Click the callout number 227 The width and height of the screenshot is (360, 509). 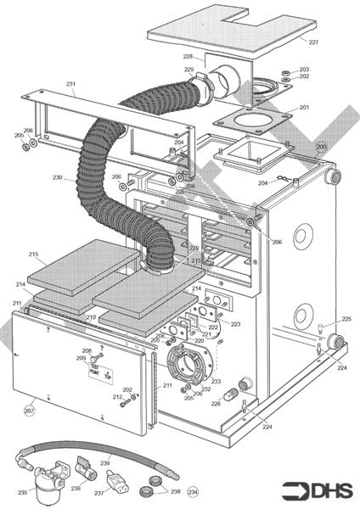[314, 42]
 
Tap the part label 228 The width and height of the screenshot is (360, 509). [188, 57]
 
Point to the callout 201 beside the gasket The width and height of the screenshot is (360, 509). [304, 108]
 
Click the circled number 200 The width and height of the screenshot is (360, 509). [321, 147]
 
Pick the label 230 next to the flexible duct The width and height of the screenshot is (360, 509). [58, 178]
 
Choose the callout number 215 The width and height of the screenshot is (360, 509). [33, 255]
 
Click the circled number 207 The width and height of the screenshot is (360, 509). [29, 411]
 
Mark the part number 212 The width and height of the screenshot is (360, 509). [117, 397]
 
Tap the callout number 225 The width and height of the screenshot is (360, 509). [346, 319]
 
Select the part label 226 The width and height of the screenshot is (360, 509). [216, 404]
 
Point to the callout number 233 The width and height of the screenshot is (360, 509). [217, 382]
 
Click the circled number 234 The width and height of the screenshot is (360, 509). [193, 491]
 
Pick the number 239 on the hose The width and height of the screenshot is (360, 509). [106, 463]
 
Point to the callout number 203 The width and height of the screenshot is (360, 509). [304, 69]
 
